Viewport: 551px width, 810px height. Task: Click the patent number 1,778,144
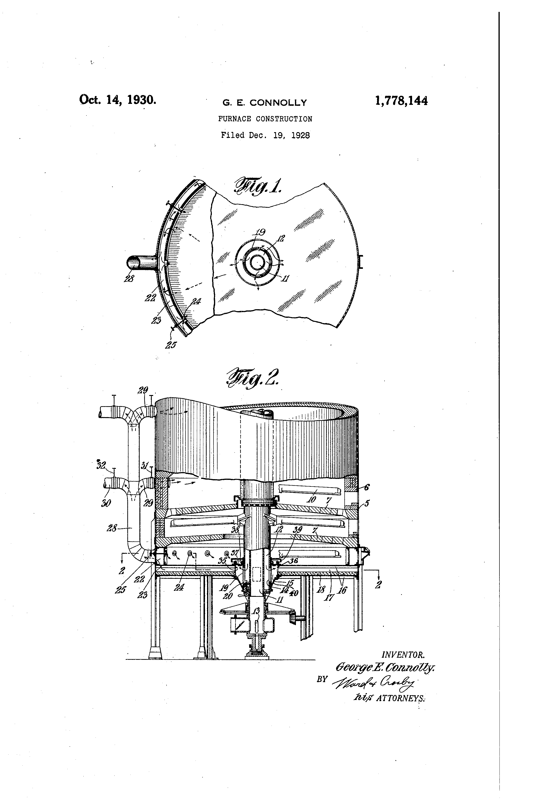401,101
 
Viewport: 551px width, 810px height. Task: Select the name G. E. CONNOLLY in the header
265,103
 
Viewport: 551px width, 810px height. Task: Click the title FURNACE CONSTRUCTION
265,119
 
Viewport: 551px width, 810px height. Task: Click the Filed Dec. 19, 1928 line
265,135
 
